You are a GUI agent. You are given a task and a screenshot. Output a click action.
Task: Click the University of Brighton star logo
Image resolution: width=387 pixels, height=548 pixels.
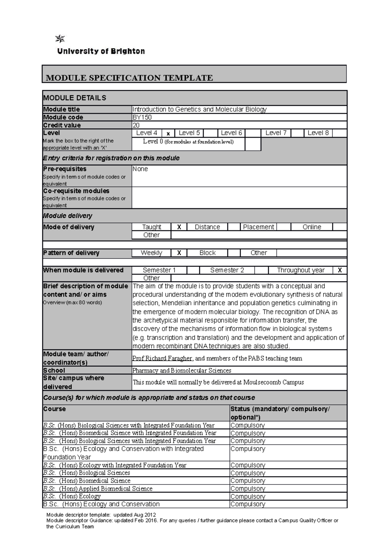(x=60, y=39)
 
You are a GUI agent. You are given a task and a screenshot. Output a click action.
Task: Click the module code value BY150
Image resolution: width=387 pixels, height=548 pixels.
(x=142, y=117)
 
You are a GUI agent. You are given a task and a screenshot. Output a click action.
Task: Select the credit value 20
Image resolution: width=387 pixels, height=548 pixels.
(x=136, y=125)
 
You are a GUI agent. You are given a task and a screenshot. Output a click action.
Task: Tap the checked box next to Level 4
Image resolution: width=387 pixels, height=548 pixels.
(x=168, y=133)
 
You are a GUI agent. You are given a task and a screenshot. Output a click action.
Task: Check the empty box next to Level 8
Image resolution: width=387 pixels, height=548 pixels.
(x=339, y=133)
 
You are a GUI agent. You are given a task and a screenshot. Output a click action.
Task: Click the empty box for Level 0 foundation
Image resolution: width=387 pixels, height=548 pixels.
(x=253, y=144)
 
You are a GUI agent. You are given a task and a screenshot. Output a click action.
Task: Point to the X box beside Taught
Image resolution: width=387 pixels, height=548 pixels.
(x=179, y=227)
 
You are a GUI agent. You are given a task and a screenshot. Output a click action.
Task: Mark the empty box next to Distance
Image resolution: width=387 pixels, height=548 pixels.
(x=234, y=227)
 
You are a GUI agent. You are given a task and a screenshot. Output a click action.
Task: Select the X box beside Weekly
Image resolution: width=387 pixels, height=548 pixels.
(x=179, y=253)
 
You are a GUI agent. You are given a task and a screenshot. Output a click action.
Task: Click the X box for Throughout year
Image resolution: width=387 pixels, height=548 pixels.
(x=340, y=270)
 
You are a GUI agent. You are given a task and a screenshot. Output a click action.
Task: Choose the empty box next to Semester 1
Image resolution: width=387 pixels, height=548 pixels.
(x=193, y=270)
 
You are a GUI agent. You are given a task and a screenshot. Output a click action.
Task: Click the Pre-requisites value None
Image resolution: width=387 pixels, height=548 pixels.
(x=140, y=169)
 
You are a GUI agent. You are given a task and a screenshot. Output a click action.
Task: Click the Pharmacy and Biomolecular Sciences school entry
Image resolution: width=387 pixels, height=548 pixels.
(x=182, y=370)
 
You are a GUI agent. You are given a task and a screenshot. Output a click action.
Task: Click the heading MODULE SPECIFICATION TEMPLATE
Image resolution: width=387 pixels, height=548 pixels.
(x=129, y=78)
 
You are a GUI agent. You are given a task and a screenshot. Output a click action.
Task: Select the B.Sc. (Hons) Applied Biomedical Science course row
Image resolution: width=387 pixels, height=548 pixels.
(x=98, y=489)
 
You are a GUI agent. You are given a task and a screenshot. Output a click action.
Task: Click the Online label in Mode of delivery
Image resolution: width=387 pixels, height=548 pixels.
(x=312, y=227)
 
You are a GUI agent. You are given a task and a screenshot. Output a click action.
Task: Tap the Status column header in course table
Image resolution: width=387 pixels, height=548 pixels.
(x=280, y=413)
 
